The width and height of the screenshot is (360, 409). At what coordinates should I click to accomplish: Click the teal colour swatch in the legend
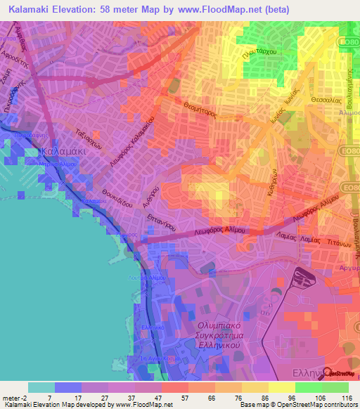pos(41,387)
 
